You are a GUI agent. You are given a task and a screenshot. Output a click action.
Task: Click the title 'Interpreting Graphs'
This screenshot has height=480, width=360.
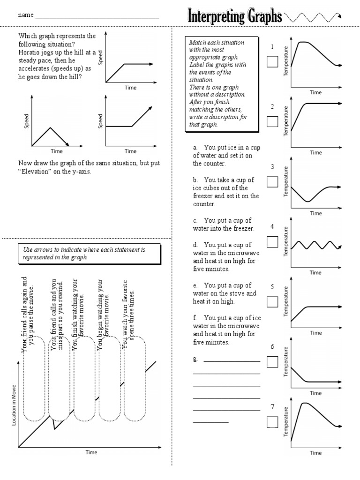coord(235,18)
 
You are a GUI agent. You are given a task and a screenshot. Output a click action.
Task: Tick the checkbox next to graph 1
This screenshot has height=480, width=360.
coord(272,61)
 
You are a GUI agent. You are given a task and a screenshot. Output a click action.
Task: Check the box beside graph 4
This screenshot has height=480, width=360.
coord(272,241)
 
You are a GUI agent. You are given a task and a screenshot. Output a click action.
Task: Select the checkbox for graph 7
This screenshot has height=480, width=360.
coord(272,422)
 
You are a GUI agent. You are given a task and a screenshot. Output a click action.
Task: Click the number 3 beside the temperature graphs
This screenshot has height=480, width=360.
coord(272,167)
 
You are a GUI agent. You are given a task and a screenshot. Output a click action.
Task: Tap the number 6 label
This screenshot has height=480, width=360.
coord(272,347)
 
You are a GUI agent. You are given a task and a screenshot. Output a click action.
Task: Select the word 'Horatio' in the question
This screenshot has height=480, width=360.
coord(30,52)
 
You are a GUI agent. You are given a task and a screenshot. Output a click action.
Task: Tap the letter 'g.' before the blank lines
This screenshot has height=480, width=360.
coord(195,359)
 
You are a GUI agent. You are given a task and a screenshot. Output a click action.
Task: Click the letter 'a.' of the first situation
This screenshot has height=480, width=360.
coord(195,148)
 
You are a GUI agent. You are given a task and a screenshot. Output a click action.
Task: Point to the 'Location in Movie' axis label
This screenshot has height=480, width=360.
coord(14,403)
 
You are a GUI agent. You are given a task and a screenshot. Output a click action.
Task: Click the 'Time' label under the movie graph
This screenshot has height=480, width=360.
coord(91,452)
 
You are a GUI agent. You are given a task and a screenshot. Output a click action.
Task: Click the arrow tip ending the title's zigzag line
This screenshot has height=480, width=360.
coord(339,17)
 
